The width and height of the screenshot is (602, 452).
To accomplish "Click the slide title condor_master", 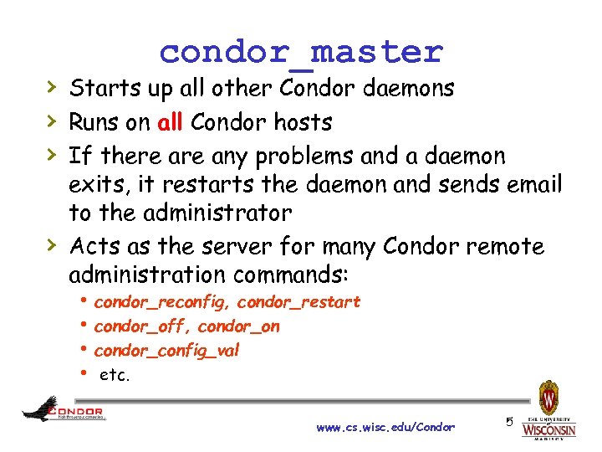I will [301, 52].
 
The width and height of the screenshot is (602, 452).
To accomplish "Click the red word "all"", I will [170, 122].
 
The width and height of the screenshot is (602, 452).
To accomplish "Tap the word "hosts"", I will [299, 122].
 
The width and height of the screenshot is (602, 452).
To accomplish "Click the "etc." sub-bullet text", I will [115, 376].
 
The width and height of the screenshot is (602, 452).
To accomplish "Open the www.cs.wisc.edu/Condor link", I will [385, 428].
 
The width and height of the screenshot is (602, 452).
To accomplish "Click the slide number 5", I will [508, 422].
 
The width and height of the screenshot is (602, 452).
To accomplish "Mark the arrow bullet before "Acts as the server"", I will [51, 245].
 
